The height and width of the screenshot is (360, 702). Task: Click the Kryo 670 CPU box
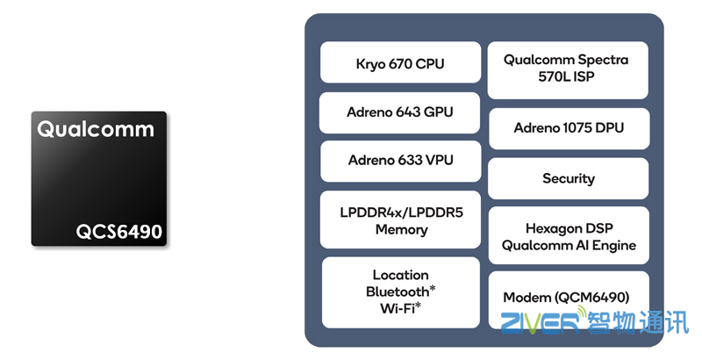[x=399, y=63]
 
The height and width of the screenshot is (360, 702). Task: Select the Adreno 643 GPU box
[x=399, y=112]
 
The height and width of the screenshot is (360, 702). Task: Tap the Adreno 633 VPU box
[x=399, y=161]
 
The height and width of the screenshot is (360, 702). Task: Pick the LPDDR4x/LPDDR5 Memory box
[x=399, y=220]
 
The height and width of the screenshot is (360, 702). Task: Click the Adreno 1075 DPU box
[x=569, y=128]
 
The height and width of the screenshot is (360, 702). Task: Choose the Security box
[x=569, y=179]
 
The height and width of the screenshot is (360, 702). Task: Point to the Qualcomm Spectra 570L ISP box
[x=569, y=68]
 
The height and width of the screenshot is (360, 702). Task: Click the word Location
[x=400, y=275]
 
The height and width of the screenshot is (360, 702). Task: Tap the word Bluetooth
[x=398, y=291]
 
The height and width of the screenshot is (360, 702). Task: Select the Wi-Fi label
[x=398, y=306]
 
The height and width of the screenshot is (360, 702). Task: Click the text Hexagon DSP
[x=569, y=228]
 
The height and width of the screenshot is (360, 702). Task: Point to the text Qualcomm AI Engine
[x=569, y=245]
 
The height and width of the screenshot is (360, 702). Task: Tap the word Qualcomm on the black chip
[x=96, y=130]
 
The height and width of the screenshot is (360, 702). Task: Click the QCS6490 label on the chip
[x=119, y=231]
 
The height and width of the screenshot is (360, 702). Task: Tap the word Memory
[x=400, y=229]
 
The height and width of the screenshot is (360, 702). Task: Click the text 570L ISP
[x=569, y=76]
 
